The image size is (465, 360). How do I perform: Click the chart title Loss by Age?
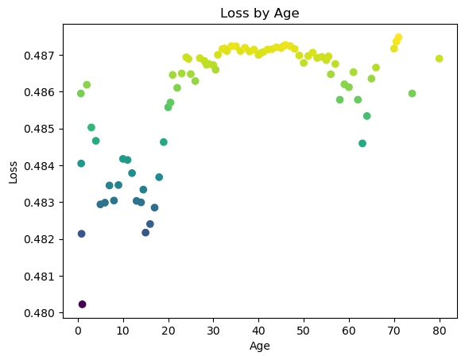click(x=260, y=14)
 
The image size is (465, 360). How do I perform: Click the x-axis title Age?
click(x=260, y=346)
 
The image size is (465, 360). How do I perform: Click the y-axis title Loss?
click(x=13, y=172)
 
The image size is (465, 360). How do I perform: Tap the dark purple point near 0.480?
click(x=82, y=304)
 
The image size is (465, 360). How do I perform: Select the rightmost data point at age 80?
click(x=440, y=59)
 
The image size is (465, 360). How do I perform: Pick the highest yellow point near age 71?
click(x=398, y=37)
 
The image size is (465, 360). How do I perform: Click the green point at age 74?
click(x=412, y=94)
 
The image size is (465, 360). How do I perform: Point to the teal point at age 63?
click(x=362, y=144)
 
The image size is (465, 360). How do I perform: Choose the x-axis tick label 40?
click(x=258, y=331)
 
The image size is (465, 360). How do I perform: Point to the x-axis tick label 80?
click(x=440, y=331)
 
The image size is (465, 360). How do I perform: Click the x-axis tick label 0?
click(x=78, y=331)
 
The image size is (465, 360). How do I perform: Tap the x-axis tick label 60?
click(x=349, y=331)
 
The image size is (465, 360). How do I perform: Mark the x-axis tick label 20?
click(x=169, y=331)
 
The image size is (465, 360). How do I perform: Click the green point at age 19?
click(x=164, y=142)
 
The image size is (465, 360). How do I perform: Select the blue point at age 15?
click(x=145, y=233)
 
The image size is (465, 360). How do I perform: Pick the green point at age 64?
click(x=367, y=116)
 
